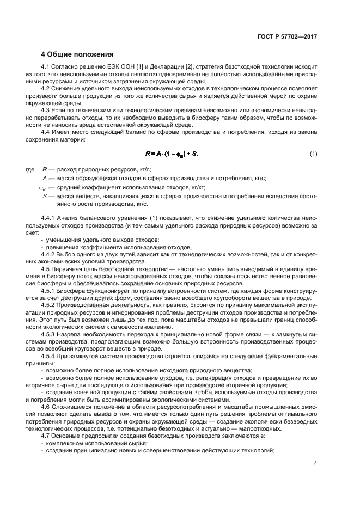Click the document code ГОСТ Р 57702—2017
point(287,36)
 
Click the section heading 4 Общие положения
point(77,54)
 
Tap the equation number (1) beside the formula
point(314,154)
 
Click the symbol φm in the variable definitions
point(44,187)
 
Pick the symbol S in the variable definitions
point(45,195)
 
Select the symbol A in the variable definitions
point(45,179)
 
